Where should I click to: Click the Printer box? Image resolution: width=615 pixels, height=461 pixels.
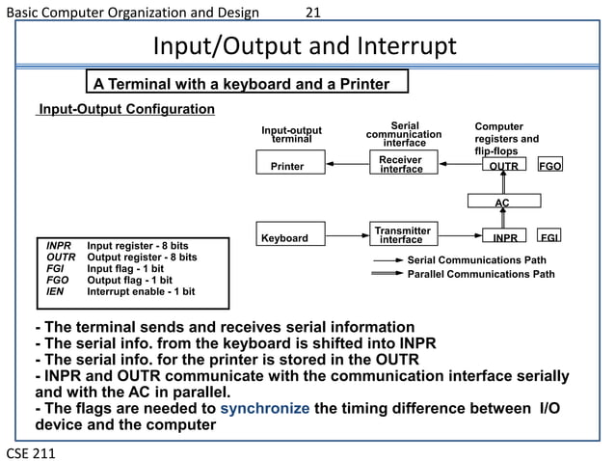(287, 166)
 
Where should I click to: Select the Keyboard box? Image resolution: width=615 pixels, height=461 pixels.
(285, 237)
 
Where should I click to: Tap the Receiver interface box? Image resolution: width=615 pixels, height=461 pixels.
(401, 165)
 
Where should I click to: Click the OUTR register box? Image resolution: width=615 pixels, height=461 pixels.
(503, 166)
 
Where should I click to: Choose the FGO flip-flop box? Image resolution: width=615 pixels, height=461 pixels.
(550, 166)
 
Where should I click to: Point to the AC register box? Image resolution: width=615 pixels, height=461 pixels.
(502, 202)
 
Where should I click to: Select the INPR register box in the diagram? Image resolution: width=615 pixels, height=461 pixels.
(503, 237)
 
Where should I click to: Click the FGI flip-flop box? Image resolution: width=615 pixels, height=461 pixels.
(550, 237)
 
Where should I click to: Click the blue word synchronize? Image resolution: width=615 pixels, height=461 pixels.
(265, 409)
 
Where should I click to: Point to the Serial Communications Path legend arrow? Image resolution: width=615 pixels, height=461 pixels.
(388, 260)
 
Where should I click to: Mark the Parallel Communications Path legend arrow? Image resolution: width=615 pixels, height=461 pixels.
(388, 274)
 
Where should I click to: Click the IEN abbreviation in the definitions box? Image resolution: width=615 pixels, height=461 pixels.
(56, 291)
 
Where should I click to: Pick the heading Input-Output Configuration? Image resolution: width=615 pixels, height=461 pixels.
(125, 108)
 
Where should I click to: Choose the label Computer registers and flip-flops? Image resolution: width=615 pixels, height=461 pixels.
(507, 139)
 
